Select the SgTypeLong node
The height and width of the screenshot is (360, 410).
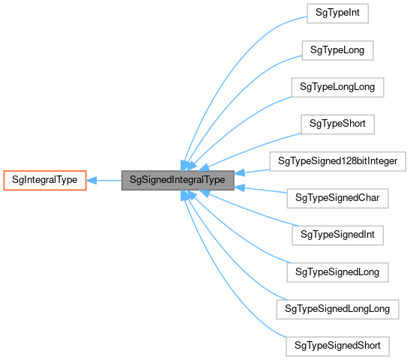337,50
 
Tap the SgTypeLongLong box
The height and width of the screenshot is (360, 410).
337,86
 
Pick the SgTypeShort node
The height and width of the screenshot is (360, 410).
337,123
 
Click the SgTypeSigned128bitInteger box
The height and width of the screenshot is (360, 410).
337,160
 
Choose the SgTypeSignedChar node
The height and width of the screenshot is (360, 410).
337,197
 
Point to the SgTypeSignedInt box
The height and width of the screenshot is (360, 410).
337,235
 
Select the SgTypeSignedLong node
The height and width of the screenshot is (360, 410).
337,271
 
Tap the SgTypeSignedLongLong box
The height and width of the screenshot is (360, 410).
337,308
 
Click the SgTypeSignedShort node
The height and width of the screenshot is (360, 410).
337,346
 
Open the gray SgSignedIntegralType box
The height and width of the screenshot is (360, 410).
178,180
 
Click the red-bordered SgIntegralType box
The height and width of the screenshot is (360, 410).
45,180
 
